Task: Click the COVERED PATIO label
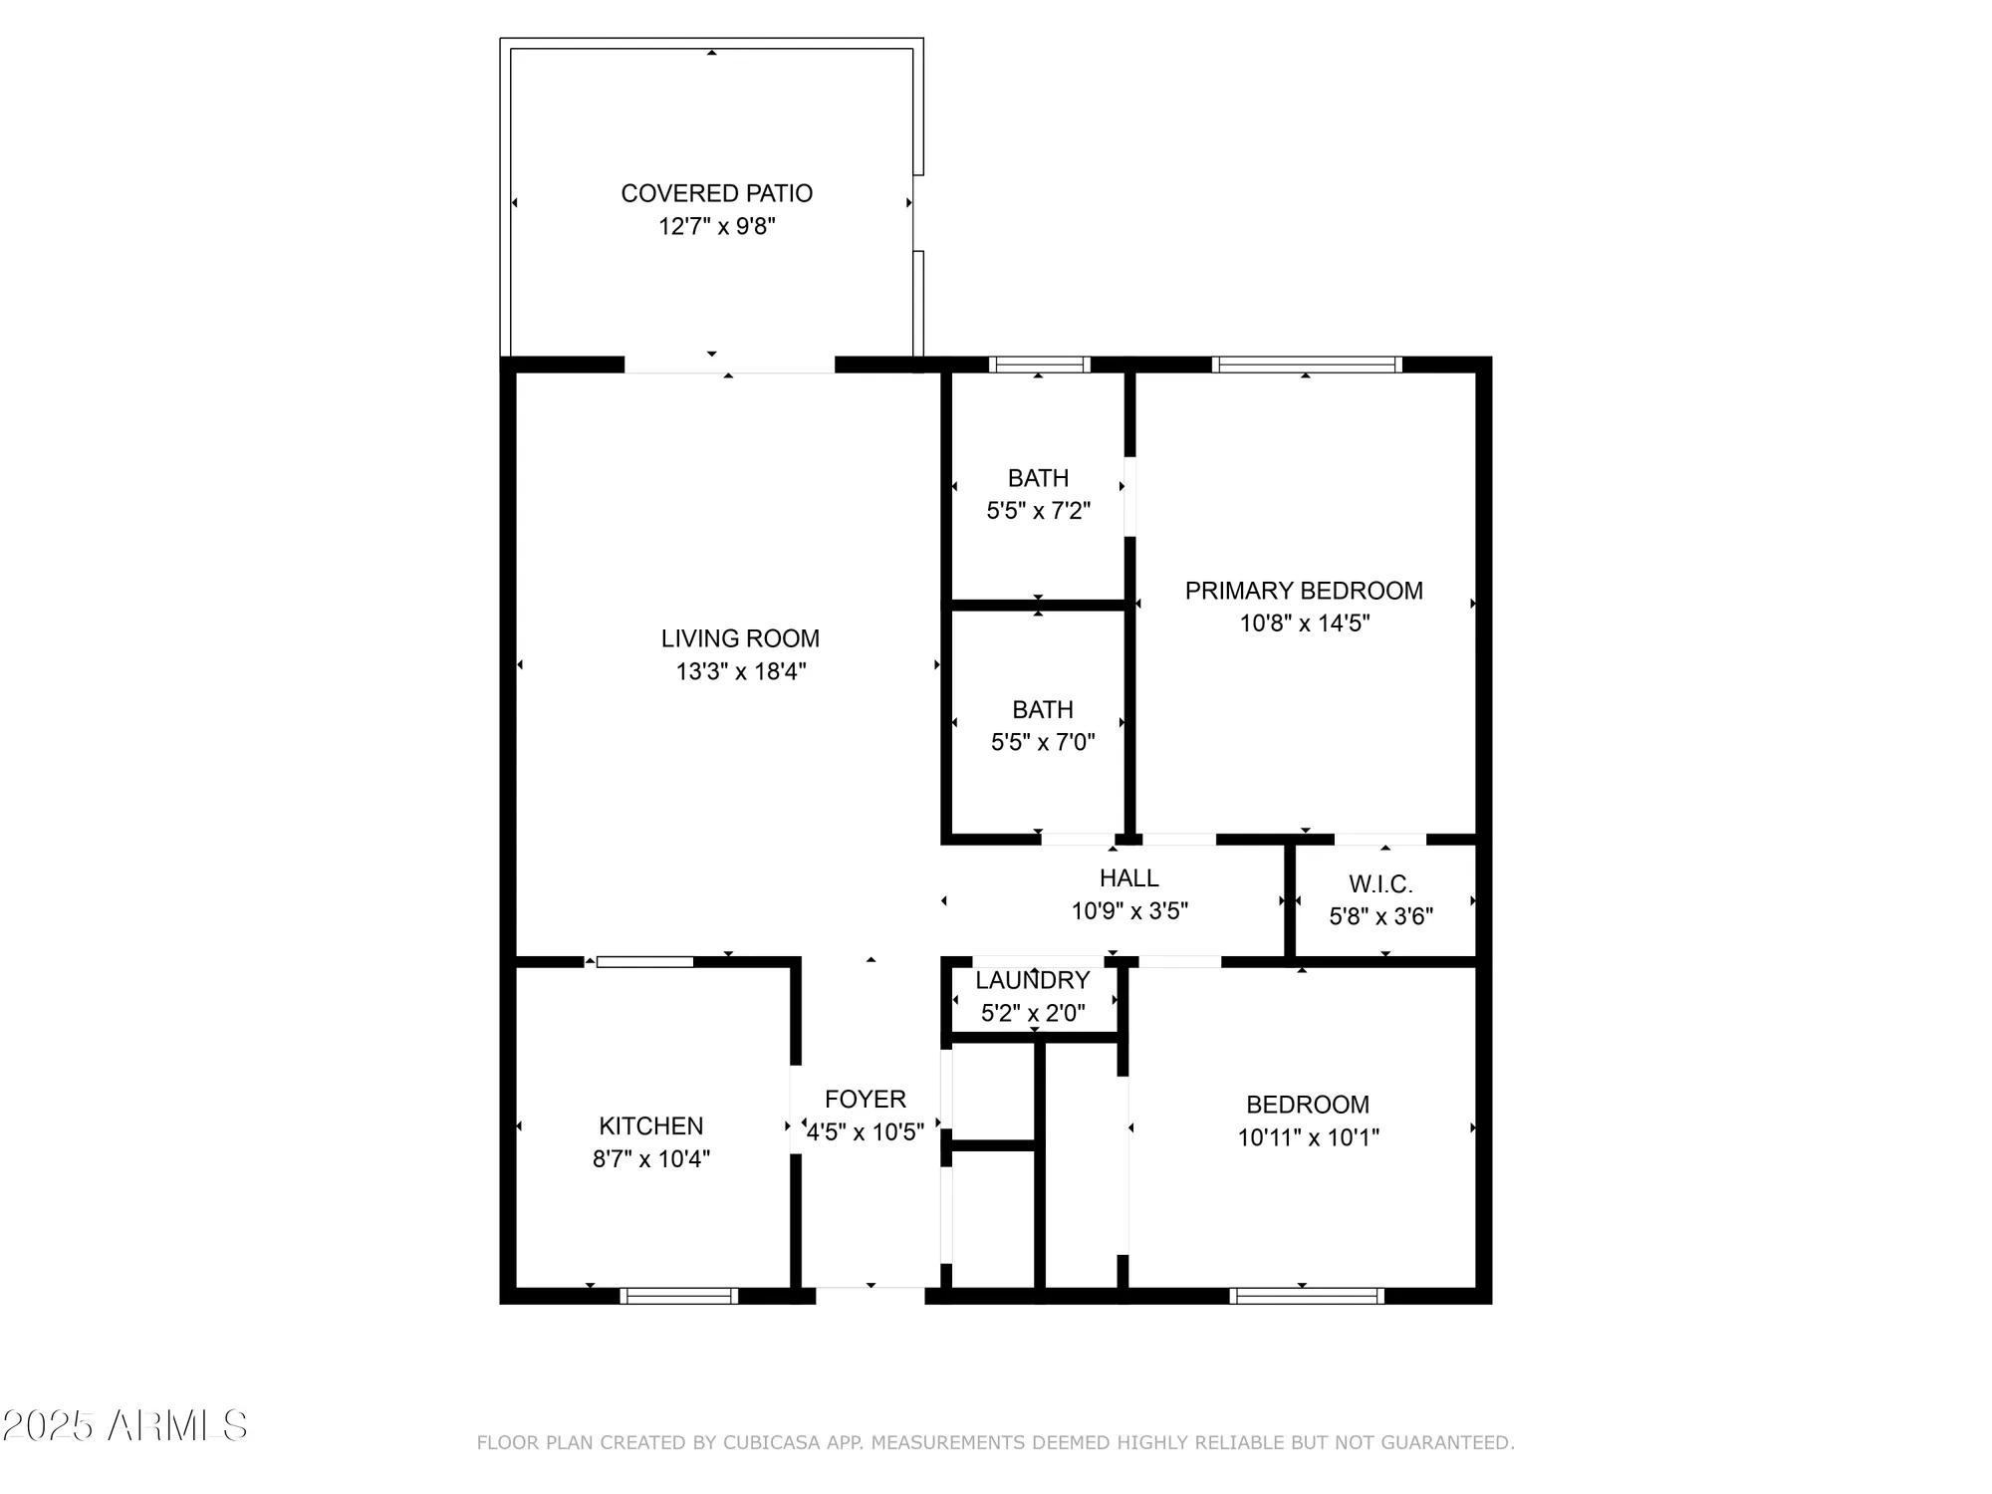point(716,193)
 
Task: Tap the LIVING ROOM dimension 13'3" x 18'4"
point(741,671)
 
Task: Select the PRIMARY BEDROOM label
point(1304,591)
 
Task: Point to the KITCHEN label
point(651,1125)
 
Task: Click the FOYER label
point(866,1099)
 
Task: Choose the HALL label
point(1128,877)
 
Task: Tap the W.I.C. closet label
point(1380,883)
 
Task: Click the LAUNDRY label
point(1032,980)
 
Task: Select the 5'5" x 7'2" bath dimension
point(1039,511)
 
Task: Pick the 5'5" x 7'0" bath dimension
point(1043,742)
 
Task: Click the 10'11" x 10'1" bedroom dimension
point(1308,1137)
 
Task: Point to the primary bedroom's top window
point(1307,365)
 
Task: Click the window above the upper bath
point(1039,365)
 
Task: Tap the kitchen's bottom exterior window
point(679,1296)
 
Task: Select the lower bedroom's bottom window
point(1307,1296)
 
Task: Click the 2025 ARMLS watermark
point(124,1426)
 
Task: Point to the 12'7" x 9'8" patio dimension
point(716,226)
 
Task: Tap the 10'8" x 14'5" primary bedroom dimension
point(1304,623)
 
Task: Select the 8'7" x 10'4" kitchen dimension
point(651,1158)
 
